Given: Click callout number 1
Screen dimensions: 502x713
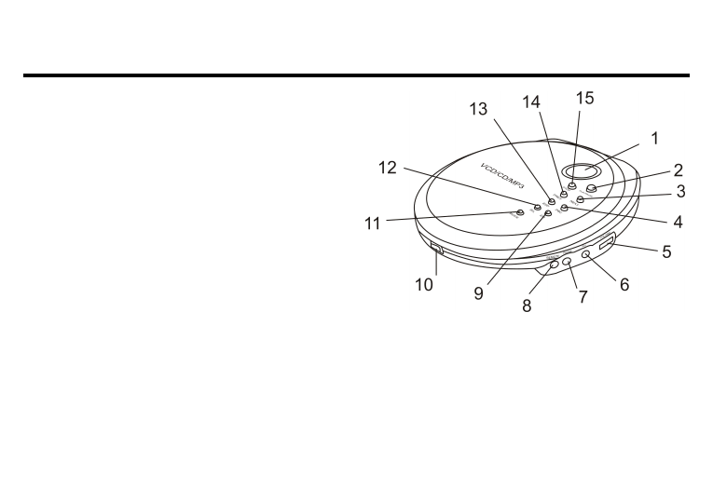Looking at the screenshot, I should pyautogui.click(x=654, y=138).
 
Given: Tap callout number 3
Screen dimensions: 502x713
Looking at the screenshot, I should pyautogui.click(x=680, y=193).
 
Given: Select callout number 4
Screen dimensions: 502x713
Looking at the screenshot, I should pyautogui.click(x=679, y=223).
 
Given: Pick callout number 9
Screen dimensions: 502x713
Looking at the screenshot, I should pyautogui.click(x=478, y=292).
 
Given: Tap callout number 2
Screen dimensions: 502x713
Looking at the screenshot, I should pyautogui.click(x=679, y=170).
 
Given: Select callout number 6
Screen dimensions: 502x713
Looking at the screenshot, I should pyautogui.click(x=624, y=285).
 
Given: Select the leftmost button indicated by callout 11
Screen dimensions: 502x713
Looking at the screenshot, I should pyautogui.click(x=520, y=212).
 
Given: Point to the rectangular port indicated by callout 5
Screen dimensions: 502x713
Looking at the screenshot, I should pyautogui.click(x=606, y=245).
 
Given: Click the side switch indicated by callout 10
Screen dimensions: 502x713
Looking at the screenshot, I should pyautogui.click(x=437, y=249).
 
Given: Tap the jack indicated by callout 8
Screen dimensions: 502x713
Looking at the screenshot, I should pyautogui.click(x=555, y=265).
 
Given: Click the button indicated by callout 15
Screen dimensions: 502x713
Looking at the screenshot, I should pyautogui.click(x=571, y=188).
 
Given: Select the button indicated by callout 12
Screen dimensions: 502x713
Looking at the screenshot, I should pyautogui.click(x=538, y=206).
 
